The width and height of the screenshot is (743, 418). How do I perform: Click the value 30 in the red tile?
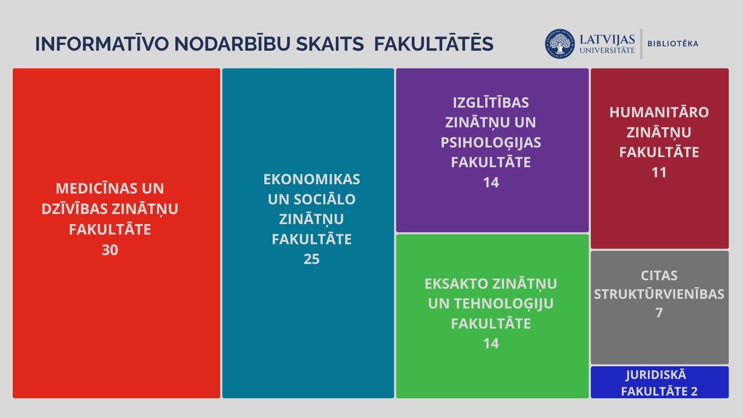(x=110, y=250)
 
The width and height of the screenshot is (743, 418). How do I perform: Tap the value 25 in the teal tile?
(x=312, y=259)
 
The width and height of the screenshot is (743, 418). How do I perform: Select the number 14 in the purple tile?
(x=491, y=182)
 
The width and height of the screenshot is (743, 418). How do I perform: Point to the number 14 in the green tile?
(x=491, y=343)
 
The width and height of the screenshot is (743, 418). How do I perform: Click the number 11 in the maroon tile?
(x=659, y=172)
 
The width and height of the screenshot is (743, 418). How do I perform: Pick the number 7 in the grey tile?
(x=659, y=312)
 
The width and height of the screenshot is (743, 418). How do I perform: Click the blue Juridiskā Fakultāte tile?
(x=659, y=382)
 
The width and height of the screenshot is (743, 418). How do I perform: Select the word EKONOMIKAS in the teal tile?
(x=312, y=179)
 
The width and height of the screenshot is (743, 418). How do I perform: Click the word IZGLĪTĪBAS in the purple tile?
(x=491, y=103)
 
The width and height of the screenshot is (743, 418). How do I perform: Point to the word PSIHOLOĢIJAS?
(x=491, y=142)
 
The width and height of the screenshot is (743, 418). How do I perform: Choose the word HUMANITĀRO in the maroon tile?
(x=659, y=112)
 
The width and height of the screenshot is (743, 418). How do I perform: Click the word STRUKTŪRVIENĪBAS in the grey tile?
(x=659, y=294)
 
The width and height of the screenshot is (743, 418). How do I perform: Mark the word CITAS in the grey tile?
(x=659, y=276)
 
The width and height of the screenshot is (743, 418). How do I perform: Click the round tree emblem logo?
(x=560, y=44)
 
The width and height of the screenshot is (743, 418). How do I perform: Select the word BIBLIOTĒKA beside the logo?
(x=673, y=44)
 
